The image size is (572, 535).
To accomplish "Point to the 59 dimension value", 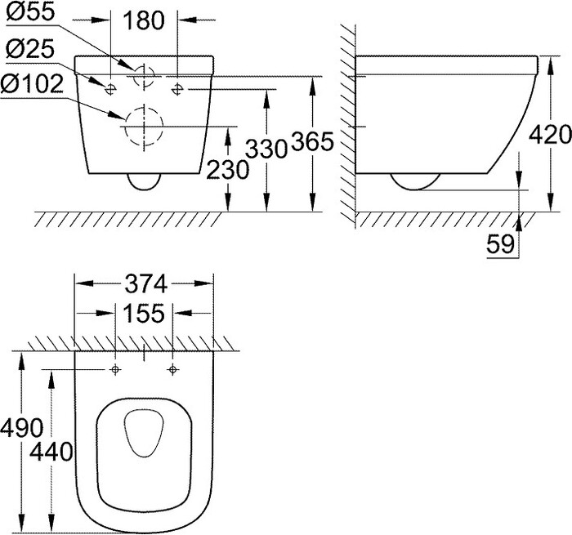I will [500, 243].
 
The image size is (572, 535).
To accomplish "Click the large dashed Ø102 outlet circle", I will [144, 127].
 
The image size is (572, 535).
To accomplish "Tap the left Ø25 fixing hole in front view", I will [109, 87].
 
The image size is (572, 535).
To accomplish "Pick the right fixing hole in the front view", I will [179, 87].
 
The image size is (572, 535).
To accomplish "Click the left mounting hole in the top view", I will [115, 370].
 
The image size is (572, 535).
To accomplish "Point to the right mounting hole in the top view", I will [172, 370].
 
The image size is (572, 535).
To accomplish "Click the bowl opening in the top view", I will [144, 433].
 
